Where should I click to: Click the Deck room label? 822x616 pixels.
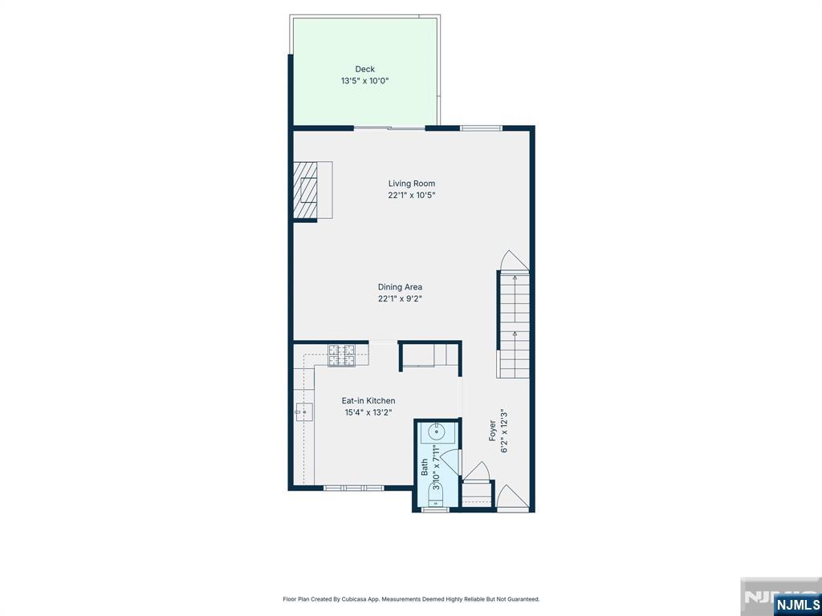coord(365,69)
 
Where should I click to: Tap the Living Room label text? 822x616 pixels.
coord(412,184)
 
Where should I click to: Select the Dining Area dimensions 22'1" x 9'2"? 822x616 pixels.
coord(400,299)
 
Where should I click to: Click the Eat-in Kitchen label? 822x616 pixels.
coord(368,401)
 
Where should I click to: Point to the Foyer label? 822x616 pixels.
coord(492,431)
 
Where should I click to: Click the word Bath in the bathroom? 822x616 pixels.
coord(424,468)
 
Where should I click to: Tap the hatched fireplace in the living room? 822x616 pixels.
coord(305,189)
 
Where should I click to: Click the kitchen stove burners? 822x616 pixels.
coord(341,355)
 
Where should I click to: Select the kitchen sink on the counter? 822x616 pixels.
coord(303,412)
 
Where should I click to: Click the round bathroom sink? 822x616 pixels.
coord(437,432)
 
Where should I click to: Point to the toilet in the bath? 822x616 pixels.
coord(436,495)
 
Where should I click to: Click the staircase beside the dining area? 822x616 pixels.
coord(514,325)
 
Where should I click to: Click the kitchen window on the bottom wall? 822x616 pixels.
coord(354,488)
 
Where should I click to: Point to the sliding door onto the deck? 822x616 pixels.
coord(389,128)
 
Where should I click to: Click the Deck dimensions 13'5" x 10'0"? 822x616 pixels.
coord(365,81)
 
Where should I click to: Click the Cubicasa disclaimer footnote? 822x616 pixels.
coord(411,598)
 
